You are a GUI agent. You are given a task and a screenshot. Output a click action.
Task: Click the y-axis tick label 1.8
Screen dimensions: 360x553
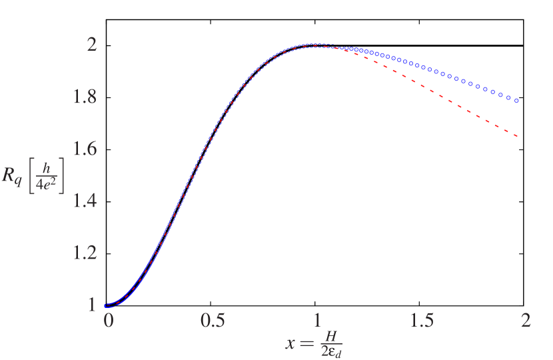click(x=84, y=97)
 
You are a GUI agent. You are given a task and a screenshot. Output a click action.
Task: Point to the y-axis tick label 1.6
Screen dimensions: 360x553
click(x=84, y=149)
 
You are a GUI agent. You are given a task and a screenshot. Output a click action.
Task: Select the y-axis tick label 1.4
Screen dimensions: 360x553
click(x=84, y=201)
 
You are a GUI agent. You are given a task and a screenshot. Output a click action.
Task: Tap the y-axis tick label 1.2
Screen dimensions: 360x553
click(x=84, y=253)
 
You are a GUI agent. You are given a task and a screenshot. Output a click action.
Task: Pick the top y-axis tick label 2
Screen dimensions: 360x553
click(x=93, y=45)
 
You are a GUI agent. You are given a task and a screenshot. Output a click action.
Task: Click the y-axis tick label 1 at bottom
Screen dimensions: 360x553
click(x=93, y=305)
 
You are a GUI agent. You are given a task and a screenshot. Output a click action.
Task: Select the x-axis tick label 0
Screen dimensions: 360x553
click(x=109, y=320)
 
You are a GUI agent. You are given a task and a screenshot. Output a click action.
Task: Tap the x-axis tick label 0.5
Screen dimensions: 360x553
click(x=213, y=320)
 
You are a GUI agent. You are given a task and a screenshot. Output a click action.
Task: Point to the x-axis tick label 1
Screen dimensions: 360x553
click(x=317, y=320)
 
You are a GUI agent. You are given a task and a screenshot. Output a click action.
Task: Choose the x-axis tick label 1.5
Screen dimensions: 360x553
click(x=421, y=320)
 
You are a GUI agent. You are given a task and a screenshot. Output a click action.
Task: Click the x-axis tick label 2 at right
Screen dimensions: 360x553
click(x=526, y=320)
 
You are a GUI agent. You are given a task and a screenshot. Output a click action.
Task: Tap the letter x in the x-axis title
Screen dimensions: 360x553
click(x=290, y=345)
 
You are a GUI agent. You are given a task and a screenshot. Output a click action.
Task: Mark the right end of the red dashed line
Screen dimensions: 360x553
click(x=517, y=137)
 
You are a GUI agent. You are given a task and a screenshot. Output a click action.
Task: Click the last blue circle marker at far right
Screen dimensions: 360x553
click(x=517, y=101)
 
